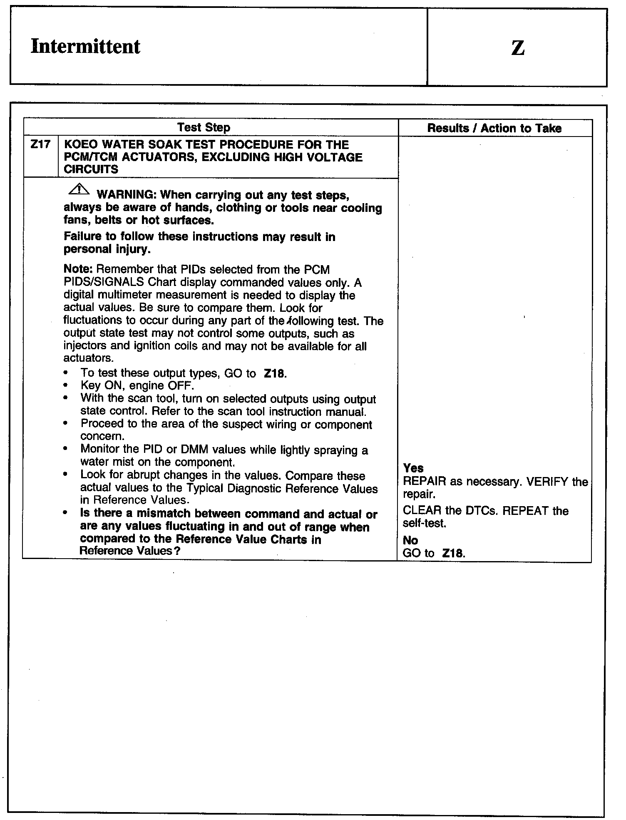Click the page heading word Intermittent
[x=85, y=46]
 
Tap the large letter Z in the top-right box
[x=517, y=48]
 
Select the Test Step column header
[x=204, y=127]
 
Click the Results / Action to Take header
[x=494, y=128]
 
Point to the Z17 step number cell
[x=40, y=145]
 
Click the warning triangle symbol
[x=78, y=190]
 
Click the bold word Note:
[x=78, y=270]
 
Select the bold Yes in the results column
[x=413, y=468]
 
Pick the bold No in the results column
[x=410, y=540]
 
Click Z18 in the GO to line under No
[x=453, y=554]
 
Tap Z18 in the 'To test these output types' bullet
[x=275, y=373]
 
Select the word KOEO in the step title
[x=80, y=145]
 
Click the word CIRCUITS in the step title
[x=91, y=169]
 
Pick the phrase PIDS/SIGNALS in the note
[x=104, y=282]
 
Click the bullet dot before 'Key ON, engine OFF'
[x=66, y=385]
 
